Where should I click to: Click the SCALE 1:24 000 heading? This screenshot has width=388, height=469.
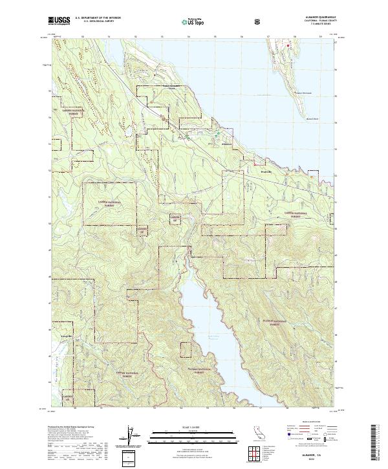(194, 426)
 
